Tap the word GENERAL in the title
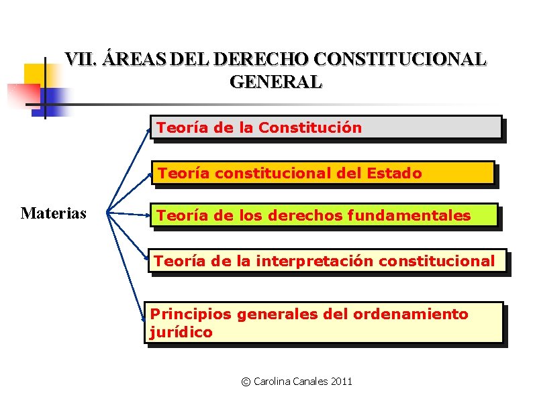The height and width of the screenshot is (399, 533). [x=276, y=82]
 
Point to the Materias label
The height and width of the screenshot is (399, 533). [x=54, y=213]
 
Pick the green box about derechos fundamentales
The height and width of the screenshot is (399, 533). [x=324, y=215]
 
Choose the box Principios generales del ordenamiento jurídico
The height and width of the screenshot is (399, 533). [x=324, y=323]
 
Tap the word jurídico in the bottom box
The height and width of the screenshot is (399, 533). [x=181, y=332]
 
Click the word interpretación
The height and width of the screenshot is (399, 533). [x=315, y=261]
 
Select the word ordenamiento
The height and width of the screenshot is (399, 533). [x=410, y=314]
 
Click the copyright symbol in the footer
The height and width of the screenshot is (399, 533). [x=246, y=382]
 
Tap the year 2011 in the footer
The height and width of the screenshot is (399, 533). [x=341, y=382]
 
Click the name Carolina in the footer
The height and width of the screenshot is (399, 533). [x=273, y=382]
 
